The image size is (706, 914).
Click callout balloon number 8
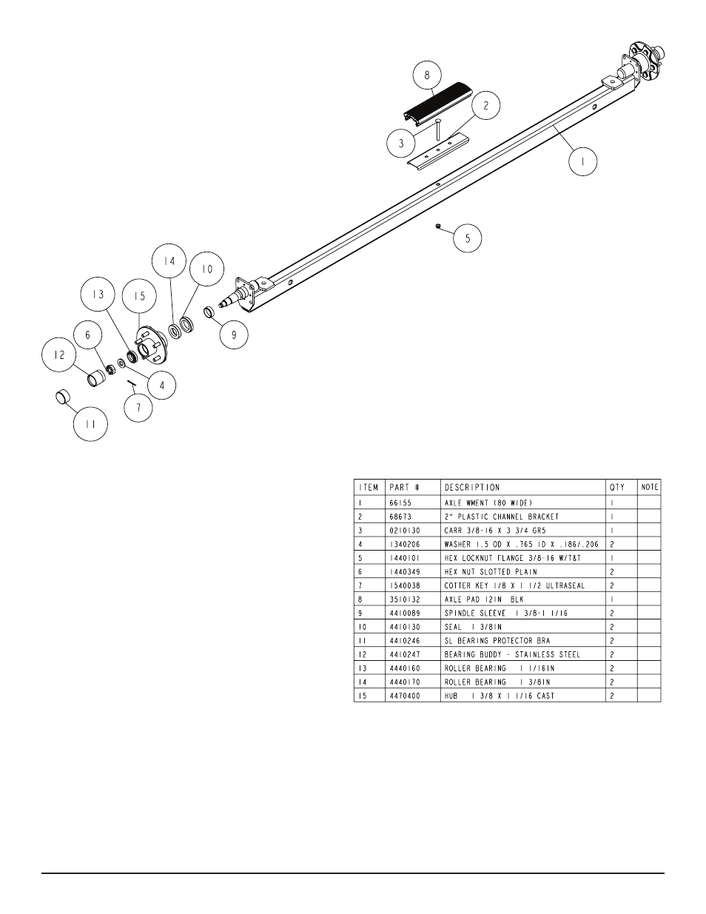[427, 75]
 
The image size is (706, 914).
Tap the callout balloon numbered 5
[468, 239]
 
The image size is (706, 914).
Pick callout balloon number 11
[90, 425]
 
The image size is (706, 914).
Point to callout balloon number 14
[169, 261]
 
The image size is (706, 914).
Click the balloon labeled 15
[140, 296]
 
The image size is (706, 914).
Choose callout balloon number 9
[234, 334]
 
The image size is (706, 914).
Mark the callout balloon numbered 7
[138, 408]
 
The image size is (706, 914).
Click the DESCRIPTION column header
[471, 488]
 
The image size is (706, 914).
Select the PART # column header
[404, 488]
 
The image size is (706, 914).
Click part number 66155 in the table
[400, 503]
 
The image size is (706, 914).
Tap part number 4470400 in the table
[405, 696]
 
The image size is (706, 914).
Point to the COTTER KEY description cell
[514, 585]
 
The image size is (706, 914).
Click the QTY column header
[617, 488]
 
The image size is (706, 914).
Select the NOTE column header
[650, 487]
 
